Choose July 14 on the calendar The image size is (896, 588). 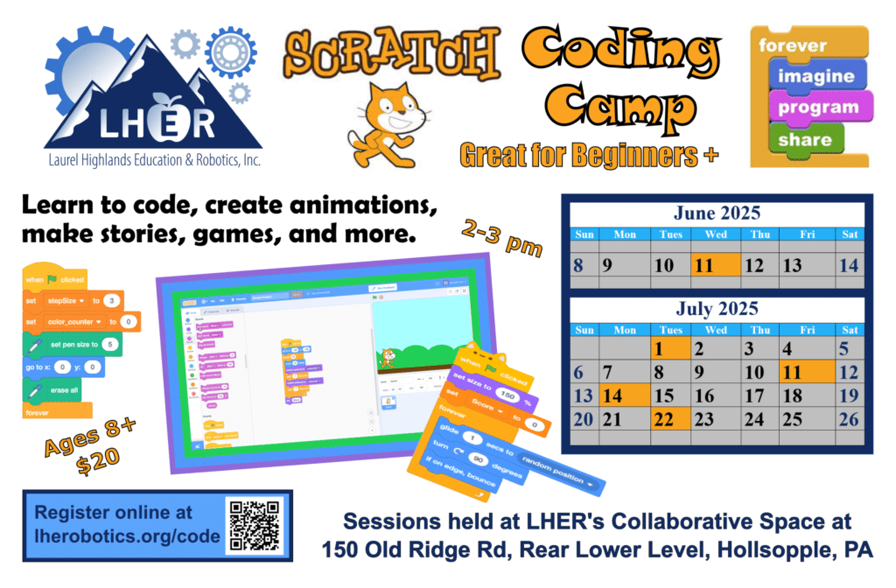(623, 395)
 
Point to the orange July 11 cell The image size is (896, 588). (799, 372)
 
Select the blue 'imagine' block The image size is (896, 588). (815, 76)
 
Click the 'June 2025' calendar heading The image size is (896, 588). (717, 213)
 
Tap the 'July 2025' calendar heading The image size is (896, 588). (717, 309)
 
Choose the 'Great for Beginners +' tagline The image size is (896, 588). (588, 156)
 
